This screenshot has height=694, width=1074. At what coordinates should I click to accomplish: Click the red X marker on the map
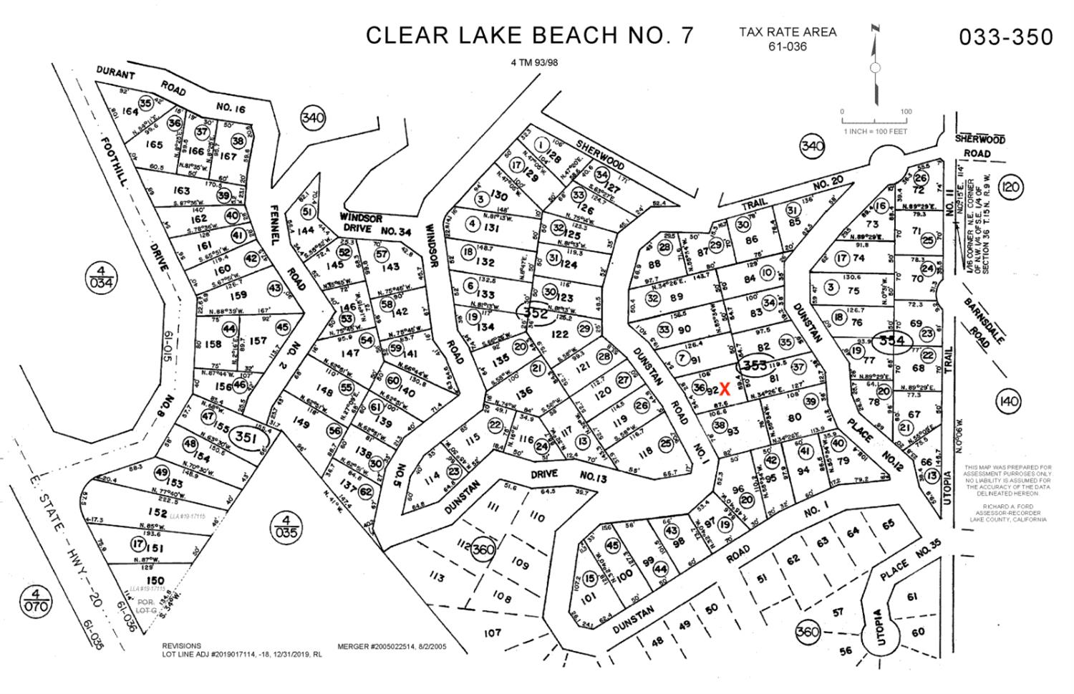pos(725,390)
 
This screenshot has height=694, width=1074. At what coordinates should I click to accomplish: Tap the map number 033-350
pos(1006,37)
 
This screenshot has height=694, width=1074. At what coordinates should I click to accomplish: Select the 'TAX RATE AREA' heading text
pos(788,32)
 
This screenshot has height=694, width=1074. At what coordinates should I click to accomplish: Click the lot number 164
pos(129,112)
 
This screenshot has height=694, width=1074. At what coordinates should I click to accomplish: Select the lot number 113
pos(437,578)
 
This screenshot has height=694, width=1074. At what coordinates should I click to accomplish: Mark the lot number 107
pos(492,632)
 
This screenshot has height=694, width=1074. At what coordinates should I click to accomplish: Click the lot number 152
pos(158,512)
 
